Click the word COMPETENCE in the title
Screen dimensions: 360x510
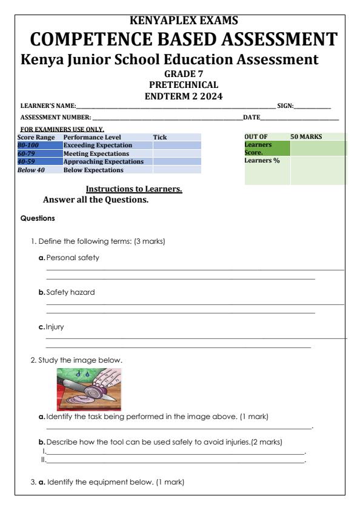(x=91, y=40)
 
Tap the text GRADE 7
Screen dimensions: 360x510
(x=179, y=75)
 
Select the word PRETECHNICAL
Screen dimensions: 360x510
(x=179, y=85)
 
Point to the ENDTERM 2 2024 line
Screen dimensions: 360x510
(x=179, y=95)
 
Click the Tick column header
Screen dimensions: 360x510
(x=159, y=138)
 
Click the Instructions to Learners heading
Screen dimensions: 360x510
(x=134, y=189)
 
